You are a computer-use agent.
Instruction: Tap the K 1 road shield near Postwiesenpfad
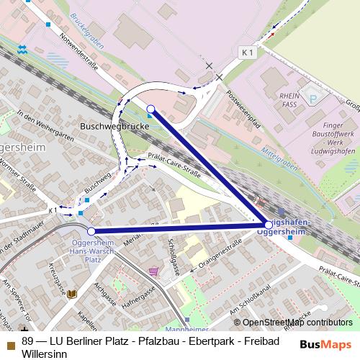click(248, 53)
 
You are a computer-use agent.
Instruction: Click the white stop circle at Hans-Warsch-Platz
click(91, 231)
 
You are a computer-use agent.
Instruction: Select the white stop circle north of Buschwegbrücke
click(150, 109)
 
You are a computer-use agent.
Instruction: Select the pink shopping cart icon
click(153, 271)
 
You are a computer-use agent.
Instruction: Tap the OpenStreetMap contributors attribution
click(293, 323)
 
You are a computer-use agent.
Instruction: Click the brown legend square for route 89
click(10, 341)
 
